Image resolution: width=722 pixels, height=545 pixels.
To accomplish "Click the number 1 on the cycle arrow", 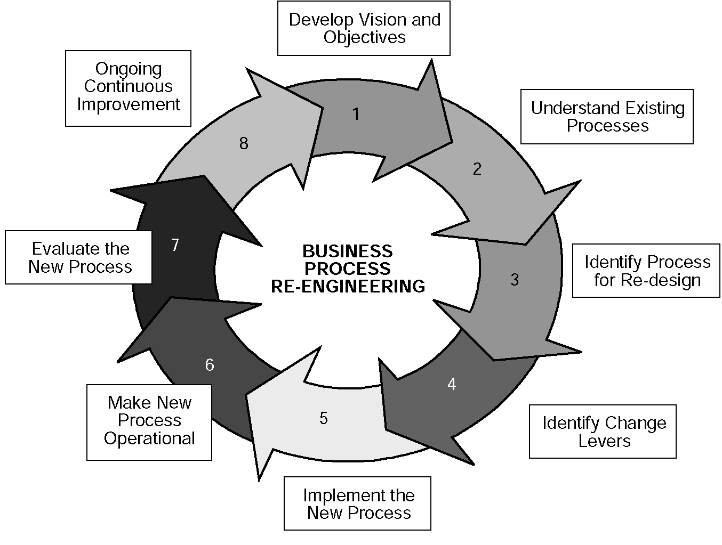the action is pyautogui.click(x=356, y=115).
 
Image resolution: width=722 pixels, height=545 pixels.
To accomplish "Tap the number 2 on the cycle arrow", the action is pyautogui.click(x=477, y=169).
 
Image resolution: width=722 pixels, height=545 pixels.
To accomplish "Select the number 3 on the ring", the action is pyautogui.click(x=515, y=280).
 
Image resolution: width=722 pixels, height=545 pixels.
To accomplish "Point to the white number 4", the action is pyautogui.click(x=452, y=384).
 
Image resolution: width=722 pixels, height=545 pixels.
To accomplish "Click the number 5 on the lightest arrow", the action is pyautogui.click(x=324, y=418).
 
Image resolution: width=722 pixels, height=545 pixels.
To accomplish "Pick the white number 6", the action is pyautogui.click(x=210, y=364).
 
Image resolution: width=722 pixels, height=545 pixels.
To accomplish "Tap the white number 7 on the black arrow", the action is pyautogui.click(x=175, y=245).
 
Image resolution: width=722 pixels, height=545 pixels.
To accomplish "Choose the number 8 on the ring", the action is pyautogui.click(x=243, y=143).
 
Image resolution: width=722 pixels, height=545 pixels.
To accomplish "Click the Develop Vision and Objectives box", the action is pyautogui.click(x=364, y=28).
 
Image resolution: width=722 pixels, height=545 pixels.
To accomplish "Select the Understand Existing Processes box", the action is pyautogui.click(x=607, y=117).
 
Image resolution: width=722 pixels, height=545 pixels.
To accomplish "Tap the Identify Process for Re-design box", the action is pyautogui.click(x=646, y=271).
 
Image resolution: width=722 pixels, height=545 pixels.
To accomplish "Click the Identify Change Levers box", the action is pyautogui.click(x=603, y=432).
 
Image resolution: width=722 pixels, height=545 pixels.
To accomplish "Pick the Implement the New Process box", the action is pyautogui.click(x=358, y=503).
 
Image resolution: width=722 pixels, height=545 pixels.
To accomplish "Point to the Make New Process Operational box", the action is pyautogui.click(x=149, y=422).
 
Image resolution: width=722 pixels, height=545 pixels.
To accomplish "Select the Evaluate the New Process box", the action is pyautogui.click(x=78, y=257).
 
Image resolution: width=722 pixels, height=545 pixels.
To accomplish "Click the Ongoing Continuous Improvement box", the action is pyautogui.click(x=129, y=88).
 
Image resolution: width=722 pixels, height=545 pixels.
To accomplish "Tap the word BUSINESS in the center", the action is pyautogui.click(x=347, y=251).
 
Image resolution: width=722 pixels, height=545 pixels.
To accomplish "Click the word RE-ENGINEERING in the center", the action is pyautogui.click(x=348, y=286).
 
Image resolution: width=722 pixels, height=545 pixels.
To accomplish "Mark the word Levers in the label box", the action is pyautogui.click(x=605, y=441).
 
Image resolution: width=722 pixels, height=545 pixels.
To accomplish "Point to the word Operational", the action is pyautogui.click(x=149, y=438).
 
